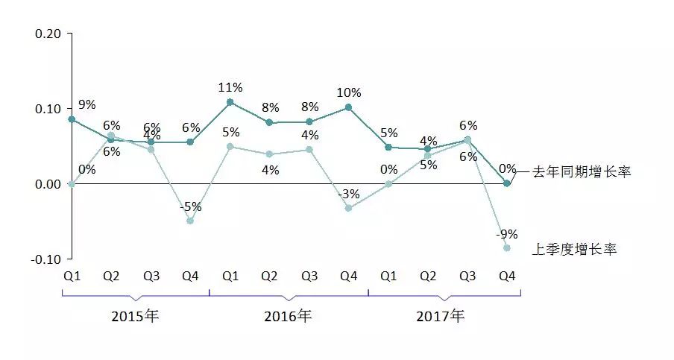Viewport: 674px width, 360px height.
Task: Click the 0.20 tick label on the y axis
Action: (x=49, y=34)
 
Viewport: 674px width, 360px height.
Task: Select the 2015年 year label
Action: (x=135, y=315)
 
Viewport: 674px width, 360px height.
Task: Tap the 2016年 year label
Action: (x=288, y=315)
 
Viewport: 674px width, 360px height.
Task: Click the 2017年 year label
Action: (x=440, y=315)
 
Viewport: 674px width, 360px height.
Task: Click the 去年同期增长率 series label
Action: (x=582, y=172)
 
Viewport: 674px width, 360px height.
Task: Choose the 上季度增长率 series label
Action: (x=574, y=249)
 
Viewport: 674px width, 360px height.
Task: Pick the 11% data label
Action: (x=230, y=87)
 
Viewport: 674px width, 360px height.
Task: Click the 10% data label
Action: (x=348, y=93)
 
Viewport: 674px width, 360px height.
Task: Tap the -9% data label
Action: (x=506, y=233)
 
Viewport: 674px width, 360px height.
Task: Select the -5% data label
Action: (x=190, y=206)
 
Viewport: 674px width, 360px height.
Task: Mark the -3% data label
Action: (x=348, y=194)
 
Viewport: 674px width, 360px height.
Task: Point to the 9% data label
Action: (x=87, y=104)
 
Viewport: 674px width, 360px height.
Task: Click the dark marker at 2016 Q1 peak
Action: (x=230, y=102)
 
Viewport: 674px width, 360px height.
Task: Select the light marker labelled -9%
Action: (x=507, y=247)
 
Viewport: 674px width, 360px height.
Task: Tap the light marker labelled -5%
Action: (x=190, y=221)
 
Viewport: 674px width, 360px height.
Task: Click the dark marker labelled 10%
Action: (x=348, y=107)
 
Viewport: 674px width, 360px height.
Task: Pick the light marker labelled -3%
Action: (x=348, y=208)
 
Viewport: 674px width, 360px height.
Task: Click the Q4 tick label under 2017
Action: (x=507, y=276)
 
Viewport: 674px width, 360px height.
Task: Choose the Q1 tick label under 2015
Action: (x=72, y=276)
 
